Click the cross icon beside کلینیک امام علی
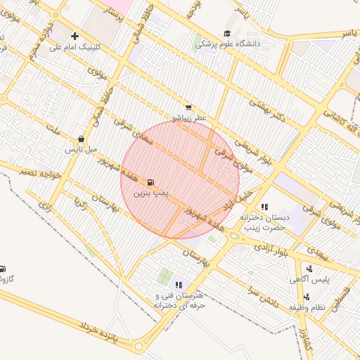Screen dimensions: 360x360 (x=75, y=36)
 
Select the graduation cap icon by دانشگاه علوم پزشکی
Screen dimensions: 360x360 (x=227, y=33)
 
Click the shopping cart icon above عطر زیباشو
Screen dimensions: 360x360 (x=188, y=107)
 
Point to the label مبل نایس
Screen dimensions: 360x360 (x=79, y=150)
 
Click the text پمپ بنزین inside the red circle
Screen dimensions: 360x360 (x=152, y=192)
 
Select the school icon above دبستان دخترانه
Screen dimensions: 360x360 (x=264, y=207)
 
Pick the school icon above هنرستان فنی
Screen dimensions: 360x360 (x=179, y=285)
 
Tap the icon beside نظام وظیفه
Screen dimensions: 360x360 (x=307, y=297)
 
